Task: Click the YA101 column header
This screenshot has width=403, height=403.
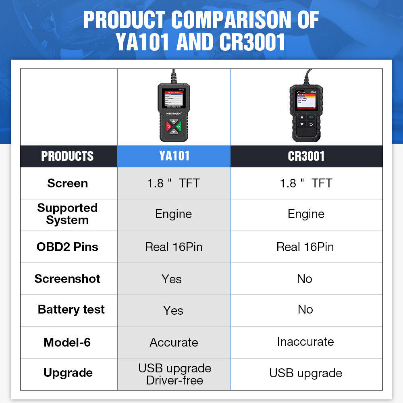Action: (x=174, y=156)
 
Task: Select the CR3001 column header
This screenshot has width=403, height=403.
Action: (x=306, y=156)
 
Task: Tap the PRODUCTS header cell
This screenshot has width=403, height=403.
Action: (x=67, y=156)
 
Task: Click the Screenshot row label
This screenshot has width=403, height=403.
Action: (x=67, y=278)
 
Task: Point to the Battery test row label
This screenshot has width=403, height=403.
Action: (x=71, y=310)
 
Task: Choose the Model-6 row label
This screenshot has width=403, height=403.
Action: (x=67, y=342)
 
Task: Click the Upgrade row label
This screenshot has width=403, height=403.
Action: (x=68, y=373)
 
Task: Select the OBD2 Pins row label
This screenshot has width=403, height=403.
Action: (x=67, y=247)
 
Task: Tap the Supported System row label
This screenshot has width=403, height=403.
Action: (x=67, y=214)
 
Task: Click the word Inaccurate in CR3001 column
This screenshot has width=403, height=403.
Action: (x=305, y=342)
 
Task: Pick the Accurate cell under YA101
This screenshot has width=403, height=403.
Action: (x=174, y=343)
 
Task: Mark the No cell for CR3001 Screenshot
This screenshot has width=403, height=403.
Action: (x=305, y=278)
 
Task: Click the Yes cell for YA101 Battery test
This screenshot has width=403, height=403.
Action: (x=173, y=310)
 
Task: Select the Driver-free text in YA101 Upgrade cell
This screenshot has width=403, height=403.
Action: (x=174, y=380)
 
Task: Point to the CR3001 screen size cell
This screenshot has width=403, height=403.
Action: (x=306, y=183)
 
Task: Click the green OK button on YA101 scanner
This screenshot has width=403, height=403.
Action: (x=179, y=126)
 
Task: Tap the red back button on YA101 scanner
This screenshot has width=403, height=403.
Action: (x=168, y=126)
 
